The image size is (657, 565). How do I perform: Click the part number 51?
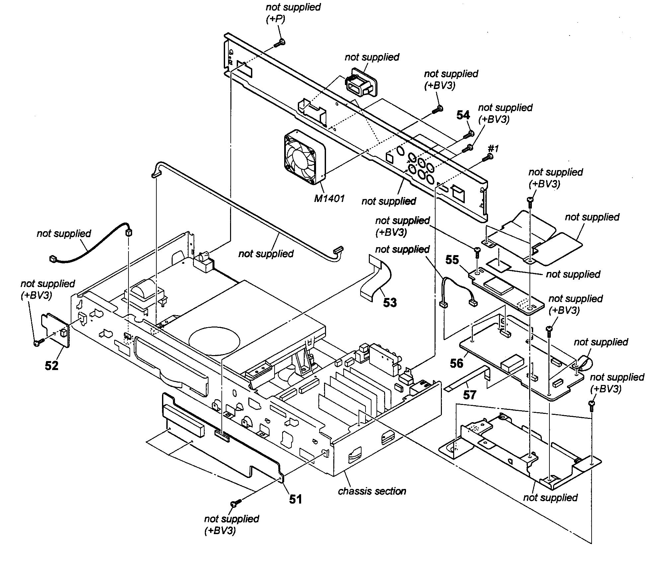point(295,499)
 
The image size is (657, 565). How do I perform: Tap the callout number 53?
point(390,302)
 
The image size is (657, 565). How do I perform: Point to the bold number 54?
point(463,115)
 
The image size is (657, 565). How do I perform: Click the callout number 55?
point(452,260)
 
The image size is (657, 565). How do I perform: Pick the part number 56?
point(456,363)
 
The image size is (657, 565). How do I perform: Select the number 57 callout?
point(469,395)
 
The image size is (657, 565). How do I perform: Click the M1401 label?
point(329,199)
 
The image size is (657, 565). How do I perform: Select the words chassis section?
point(372,491)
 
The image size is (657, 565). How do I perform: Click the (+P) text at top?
point(275,20)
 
